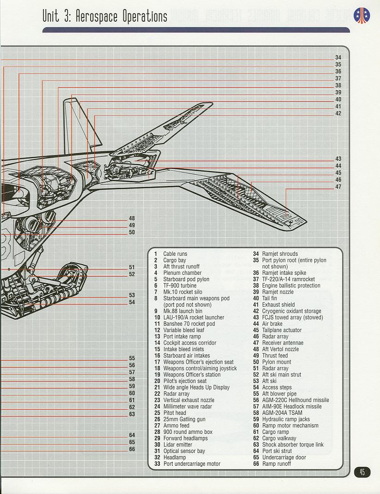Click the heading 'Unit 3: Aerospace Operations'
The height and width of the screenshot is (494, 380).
pos(105,16)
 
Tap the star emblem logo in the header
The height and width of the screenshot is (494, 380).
pos(362,15)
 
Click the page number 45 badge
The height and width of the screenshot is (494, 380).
pos(362,472)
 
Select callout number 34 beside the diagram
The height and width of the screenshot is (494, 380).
pos(338,57)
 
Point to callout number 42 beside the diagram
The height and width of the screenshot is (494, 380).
pos(338,113)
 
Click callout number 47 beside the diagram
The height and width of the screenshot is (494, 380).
pos(338,187)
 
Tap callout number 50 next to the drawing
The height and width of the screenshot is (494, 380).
pos(132,232)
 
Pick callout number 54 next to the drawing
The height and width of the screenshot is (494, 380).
pos(132,302)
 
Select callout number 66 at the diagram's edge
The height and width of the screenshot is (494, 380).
pos(132,449)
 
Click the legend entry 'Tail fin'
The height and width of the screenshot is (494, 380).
pos(270,298)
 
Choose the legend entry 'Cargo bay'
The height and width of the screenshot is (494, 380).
pos(174,260)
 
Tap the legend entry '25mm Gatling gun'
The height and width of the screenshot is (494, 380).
pos(184,420)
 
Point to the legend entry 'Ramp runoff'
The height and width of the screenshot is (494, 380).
pos(276,464)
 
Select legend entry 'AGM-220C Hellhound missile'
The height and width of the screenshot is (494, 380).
pos(295,400)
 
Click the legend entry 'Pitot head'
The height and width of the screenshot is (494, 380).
pos(175,413)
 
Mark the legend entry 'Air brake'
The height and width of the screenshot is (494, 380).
pos(272,324)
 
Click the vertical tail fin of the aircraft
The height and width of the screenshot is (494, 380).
pos(81,126)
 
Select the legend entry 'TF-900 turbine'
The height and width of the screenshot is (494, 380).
pos(180,285)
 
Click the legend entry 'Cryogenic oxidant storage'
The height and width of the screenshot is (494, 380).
pos(292,311)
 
